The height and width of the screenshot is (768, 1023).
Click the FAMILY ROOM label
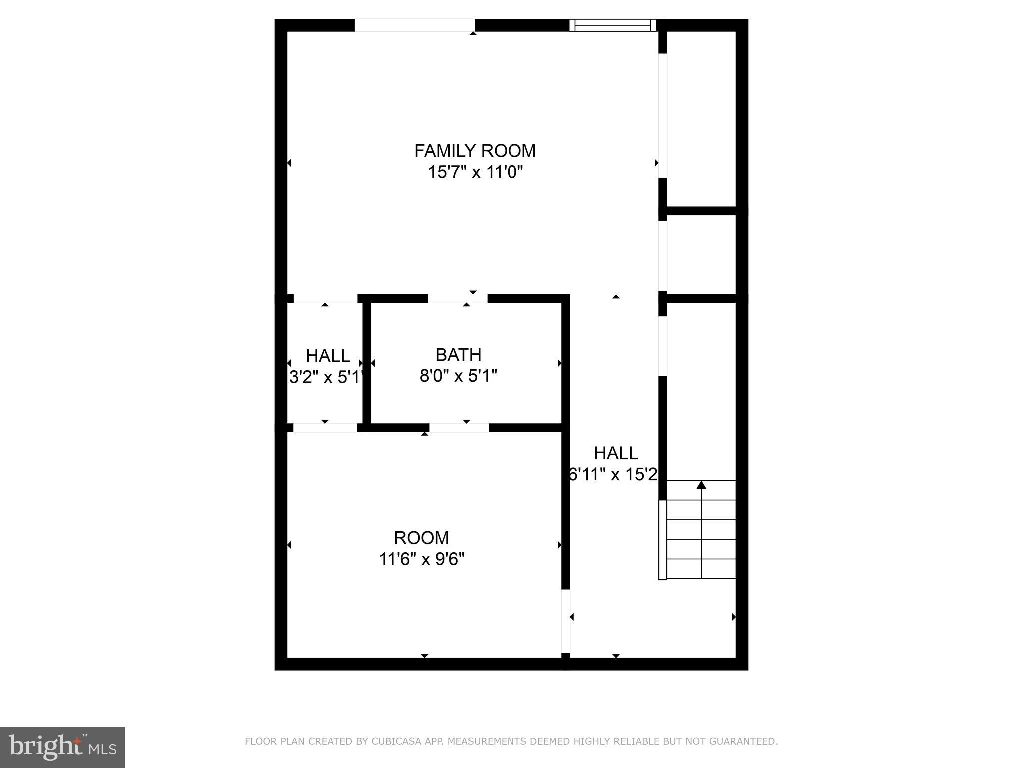click(x=475, y=151)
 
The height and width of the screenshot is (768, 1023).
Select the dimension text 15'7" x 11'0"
click(x=475, y=173)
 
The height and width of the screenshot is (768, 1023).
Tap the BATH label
click(x=458, y=355)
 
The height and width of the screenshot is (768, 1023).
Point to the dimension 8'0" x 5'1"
click(x=458, y=376)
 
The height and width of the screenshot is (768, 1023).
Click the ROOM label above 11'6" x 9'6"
click(x=421, y=538)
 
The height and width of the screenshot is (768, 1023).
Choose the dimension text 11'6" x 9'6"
click(x=421, y=559)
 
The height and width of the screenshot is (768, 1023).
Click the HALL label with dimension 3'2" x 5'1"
click(x=328, y=356)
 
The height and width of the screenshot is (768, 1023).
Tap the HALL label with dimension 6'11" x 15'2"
click(x=616, y=453)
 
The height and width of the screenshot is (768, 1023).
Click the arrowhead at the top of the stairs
click(x=701, y=485)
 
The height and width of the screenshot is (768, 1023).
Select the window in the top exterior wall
click(x=613, y=25)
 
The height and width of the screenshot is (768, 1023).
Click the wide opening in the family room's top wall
click(x=414, y=25)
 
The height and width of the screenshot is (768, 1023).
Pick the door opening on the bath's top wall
click(x=457, y=299)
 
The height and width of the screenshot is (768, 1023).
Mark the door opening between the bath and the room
click(x=459, y=428)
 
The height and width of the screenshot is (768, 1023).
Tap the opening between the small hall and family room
click(x=325, y=299)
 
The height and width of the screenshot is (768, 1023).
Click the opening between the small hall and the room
click(x=325, y=428)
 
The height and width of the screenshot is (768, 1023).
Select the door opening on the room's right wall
click(x=566, y=621)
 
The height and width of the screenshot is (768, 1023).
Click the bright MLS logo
click(x=62, y=747)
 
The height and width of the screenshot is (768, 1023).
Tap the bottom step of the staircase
click(x=701, y=569)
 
